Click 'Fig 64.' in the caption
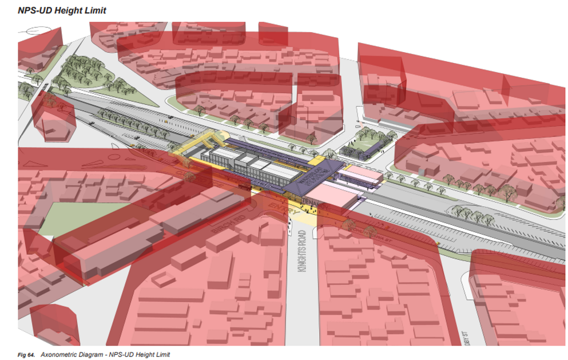pyautogui.click(x=26, y=355)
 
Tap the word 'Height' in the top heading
pyautogui.click(x=72, y=11)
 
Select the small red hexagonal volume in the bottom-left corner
pyautogui.click(x=54, y=323)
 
